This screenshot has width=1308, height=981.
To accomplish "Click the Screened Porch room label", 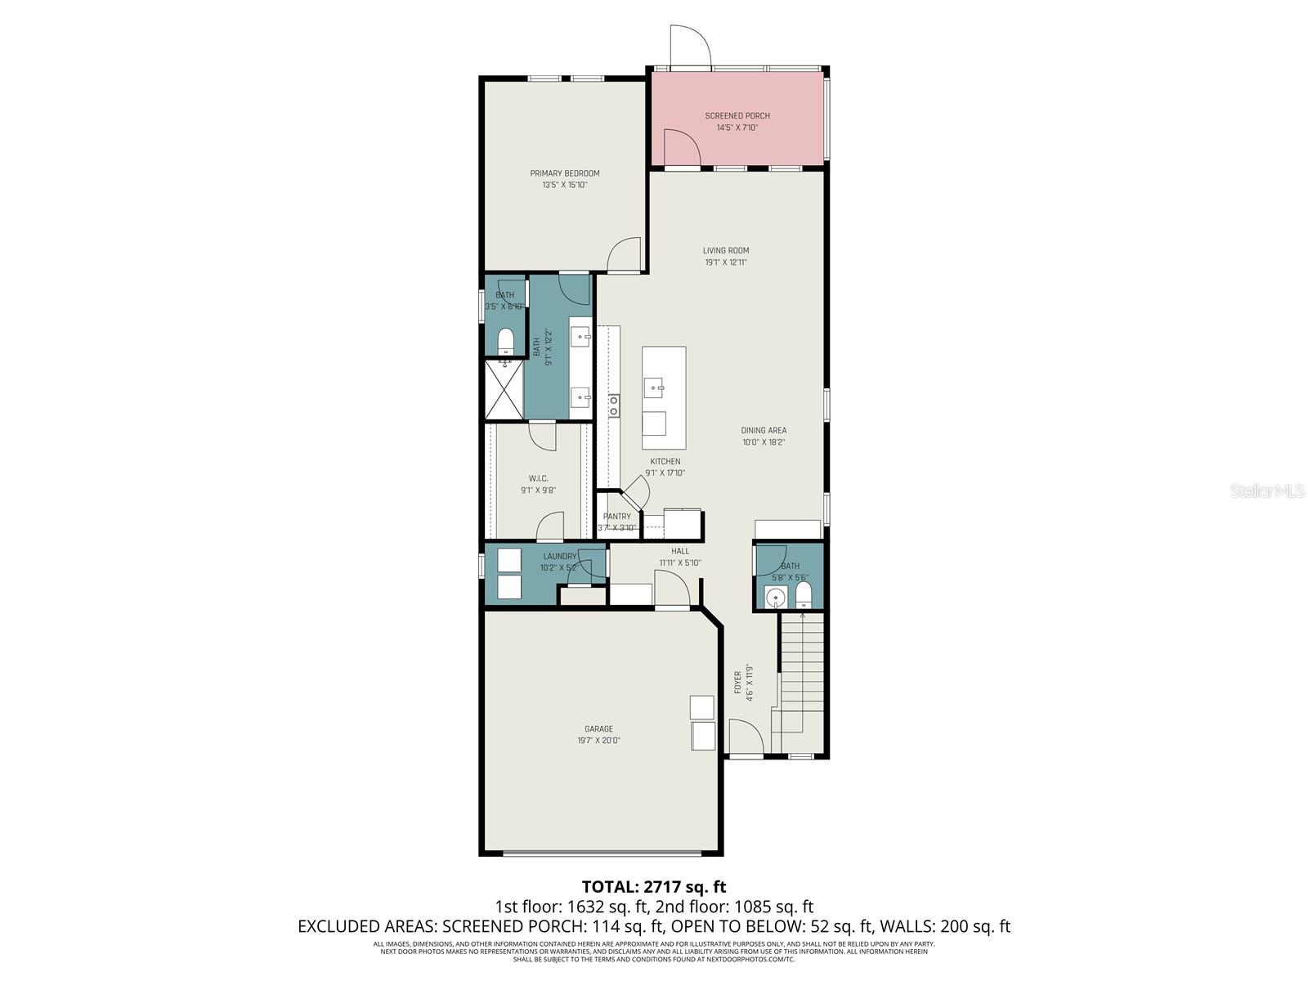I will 737,116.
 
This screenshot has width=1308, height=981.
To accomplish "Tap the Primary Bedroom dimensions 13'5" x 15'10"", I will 565,186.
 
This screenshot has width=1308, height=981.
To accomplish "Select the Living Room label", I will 726,251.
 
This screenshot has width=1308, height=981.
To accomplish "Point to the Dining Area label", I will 764,431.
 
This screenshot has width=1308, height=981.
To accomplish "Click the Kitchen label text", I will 665,461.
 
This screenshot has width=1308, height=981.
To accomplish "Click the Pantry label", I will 617,517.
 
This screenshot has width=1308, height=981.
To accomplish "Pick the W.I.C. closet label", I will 538,478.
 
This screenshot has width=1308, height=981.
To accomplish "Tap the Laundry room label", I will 560,557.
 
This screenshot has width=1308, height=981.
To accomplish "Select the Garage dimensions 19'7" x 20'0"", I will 598,741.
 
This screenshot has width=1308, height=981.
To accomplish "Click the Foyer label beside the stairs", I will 738,683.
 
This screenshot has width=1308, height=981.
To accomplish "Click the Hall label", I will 680,551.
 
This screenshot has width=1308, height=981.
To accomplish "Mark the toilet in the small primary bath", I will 504,339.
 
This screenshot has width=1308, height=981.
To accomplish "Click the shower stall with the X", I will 504,390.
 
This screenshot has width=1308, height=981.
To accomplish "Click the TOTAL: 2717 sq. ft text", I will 654,886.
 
